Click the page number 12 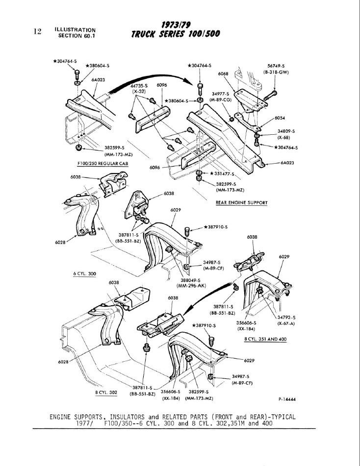click(x=37, y=31)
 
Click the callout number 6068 click(x=223, y=74)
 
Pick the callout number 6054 click(x=280, y=118)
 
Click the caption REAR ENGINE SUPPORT click(x=241, y=202)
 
